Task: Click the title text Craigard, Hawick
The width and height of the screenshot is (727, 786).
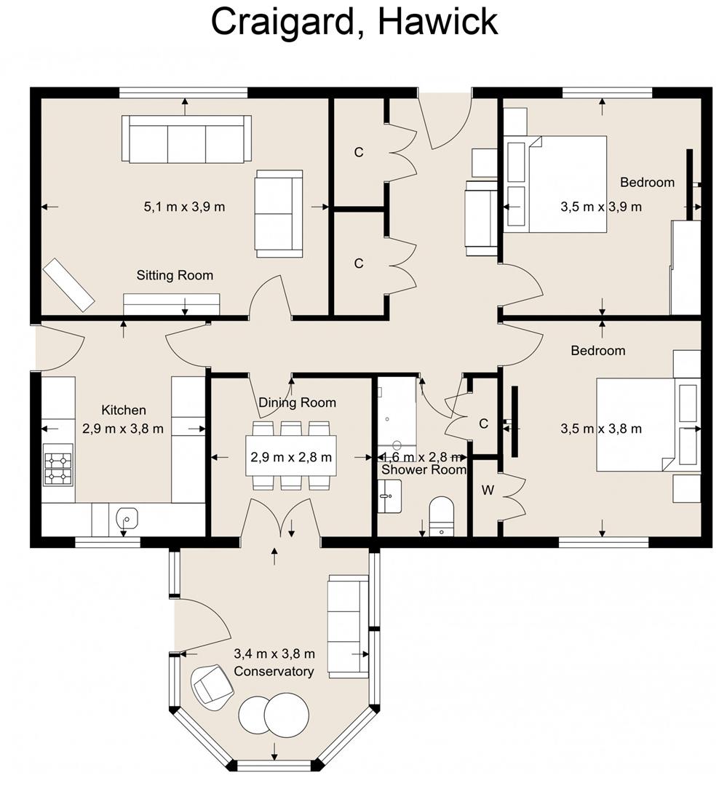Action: click(x=354, y=22)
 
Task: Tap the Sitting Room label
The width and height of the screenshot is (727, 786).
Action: click(x=175, y=275)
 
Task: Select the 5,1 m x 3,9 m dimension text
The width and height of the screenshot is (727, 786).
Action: click(x=184, y=207)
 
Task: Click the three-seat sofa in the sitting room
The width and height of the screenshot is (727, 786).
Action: click(x=186, y=139)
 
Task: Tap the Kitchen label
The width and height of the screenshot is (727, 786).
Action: click(x=123, y=410)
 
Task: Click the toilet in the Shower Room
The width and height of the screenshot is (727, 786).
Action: click(x=441, y=515)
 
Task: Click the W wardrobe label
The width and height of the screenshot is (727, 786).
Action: click(x=488, y=491)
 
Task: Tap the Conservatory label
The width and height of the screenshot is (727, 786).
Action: click(x=274, y=671)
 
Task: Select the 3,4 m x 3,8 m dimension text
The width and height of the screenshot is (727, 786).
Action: click(x=274, y=654)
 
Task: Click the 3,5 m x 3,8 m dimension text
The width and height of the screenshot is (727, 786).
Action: click(x=601, y=429)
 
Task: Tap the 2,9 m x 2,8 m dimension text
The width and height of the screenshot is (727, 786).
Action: click(x=291, y=457)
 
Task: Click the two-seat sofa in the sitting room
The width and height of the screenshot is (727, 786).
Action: click(x=278, y=214)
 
